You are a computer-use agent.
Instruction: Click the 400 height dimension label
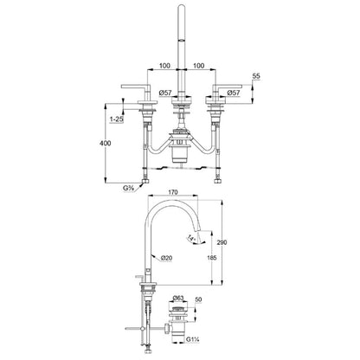click(x=106, y=143)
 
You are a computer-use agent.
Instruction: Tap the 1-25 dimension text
click(x=117, y=119)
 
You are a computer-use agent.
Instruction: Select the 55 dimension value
click(x=256, y=76)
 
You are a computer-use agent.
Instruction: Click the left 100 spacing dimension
click(x=164, y=66)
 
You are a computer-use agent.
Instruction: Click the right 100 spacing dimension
click(x=199, y=66)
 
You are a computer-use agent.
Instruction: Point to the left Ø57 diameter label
click(x=165, y=93)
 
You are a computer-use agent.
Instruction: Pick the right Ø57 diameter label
click(x=234, y=93)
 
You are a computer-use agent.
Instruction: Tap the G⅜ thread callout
click(x=128, y=188)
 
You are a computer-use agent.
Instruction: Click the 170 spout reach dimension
click(x=173, y=192)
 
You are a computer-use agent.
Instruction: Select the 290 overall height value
click(x=222, y=242)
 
